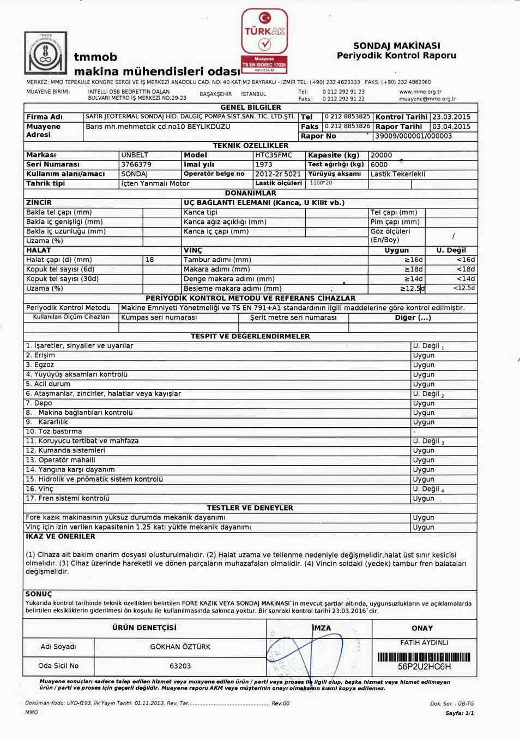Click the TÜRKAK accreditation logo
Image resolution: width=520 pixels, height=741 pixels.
coord(264,40)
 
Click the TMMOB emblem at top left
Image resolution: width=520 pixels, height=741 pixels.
coord(46,53)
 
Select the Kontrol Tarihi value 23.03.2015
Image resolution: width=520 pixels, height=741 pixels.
coord(451,117)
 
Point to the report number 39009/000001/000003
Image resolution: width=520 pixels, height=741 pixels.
coord(413,136)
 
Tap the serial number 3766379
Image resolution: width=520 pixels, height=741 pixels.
coord(136,164)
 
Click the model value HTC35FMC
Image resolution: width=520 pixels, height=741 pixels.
coord(274,155)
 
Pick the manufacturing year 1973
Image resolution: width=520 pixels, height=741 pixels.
coord(264,164)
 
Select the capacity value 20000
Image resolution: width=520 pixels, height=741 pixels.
coord(381,155)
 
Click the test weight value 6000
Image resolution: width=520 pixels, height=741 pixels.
coord(379,164)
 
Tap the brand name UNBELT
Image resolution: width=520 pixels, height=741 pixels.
coord(135,155)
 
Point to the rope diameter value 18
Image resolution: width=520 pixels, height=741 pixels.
coord(149,260)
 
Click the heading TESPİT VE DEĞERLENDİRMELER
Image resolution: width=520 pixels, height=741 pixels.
coord(250,336)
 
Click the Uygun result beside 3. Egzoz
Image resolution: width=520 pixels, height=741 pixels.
coord(424,364)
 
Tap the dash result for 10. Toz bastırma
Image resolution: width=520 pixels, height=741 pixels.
coord(414,432)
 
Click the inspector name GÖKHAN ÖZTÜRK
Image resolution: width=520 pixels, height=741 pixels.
coord(180,647)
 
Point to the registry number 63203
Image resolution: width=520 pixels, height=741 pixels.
coord(180,666)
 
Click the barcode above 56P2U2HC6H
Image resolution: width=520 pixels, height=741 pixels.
coord(424,657)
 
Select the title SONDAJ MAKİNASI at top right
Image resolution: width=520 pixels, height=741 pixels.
coord(396,46)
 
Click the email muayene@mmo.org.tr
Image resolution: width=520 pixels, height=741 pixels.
coord(427,99)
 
